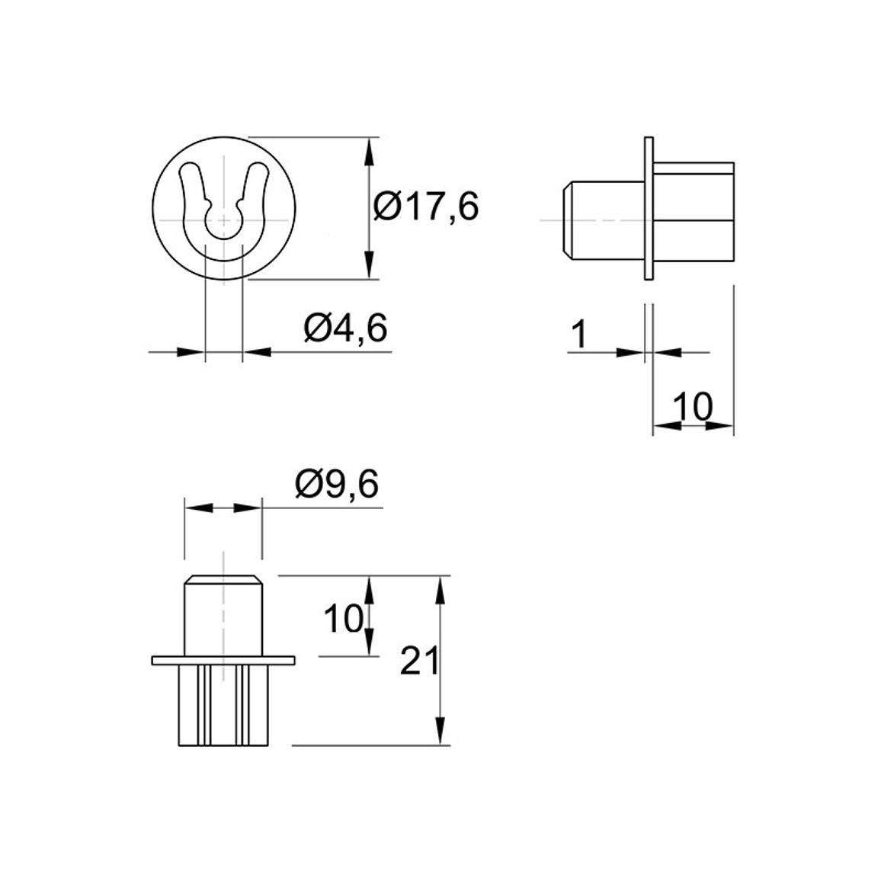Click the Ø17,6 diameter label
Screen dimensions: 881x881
point(427,207)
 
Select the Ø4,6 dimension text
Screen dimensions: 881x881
point(345,328)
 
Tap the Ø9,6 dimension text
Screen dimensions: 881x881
point(337,484)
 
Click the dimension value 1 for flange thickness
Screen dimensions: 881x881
point(578,335)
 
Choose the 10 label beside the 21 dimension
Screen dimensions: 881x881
point(343,619)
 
